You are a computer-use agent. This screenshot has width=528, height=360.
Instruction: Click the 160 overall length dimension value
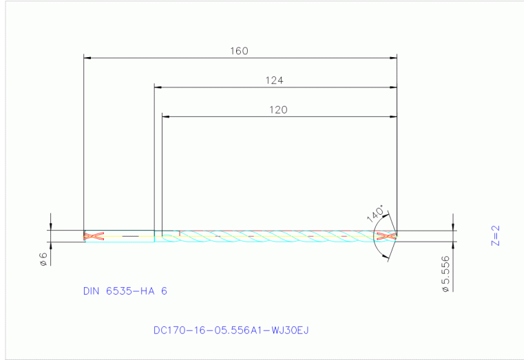239,50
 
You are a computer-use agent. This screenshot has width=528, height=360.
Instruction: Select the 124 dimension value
275,80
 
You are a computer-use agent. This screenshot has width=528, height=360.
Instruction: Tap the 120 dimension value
278,109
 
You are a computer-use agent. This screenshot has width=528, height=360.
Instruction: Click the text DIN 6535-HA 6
125,291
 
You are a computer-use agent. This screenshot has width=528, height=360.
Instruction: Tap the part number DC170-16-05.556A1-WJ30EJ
231,330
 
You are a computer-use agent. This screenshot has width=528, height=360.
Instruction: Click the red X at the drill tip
387,236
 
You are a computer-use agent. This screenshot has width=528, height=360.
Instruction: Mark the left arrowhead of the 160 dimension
87,58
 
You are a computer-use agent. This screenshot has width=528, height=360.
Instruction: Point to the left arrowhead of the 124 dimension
158,87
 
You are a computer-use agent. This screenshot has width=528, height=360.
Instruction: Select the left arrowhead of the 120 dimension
165,116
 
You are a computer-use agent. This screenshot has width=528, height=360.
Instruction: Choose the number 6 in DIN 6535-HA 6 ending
164,291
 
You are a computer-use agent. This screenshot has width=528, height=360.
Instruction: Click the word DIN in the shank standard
92,291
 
